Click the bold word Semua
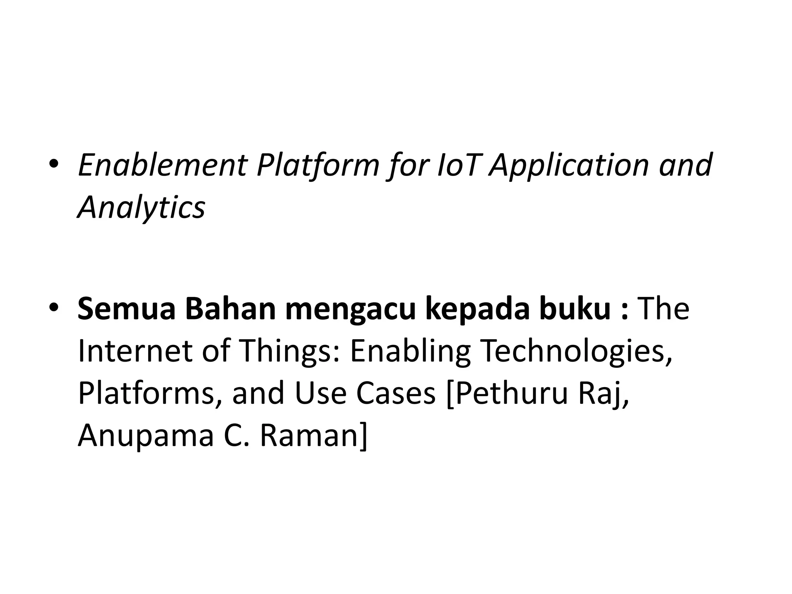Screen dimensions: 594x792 coord(126,309)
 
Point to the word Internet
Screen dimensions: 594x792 coord(135,351)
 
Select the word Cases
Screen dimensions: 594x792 coord(396,393)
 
